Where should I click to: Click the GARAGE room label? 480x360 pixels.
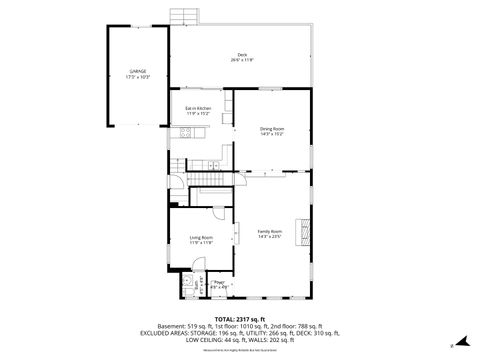click(x=138, y=71)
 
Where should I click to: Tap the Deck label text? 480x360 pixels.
click(x=242, y=54)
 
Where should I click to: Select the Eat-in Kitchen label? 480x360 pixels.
click(x=198, y=107)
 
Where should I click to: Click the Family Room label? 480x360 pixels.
click(x=270, y=231)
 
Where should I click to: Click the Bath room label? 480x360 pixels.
click(x=197, y=283)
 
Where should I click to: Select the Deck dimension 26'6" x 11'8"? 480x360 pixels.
click(x=242, y=60)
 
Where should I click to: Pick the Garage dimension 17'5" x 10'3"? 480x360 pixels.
click(x=138, y=77)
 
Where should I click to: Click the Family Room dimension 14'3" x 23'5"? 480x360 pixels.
click(x=270, y=237)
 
